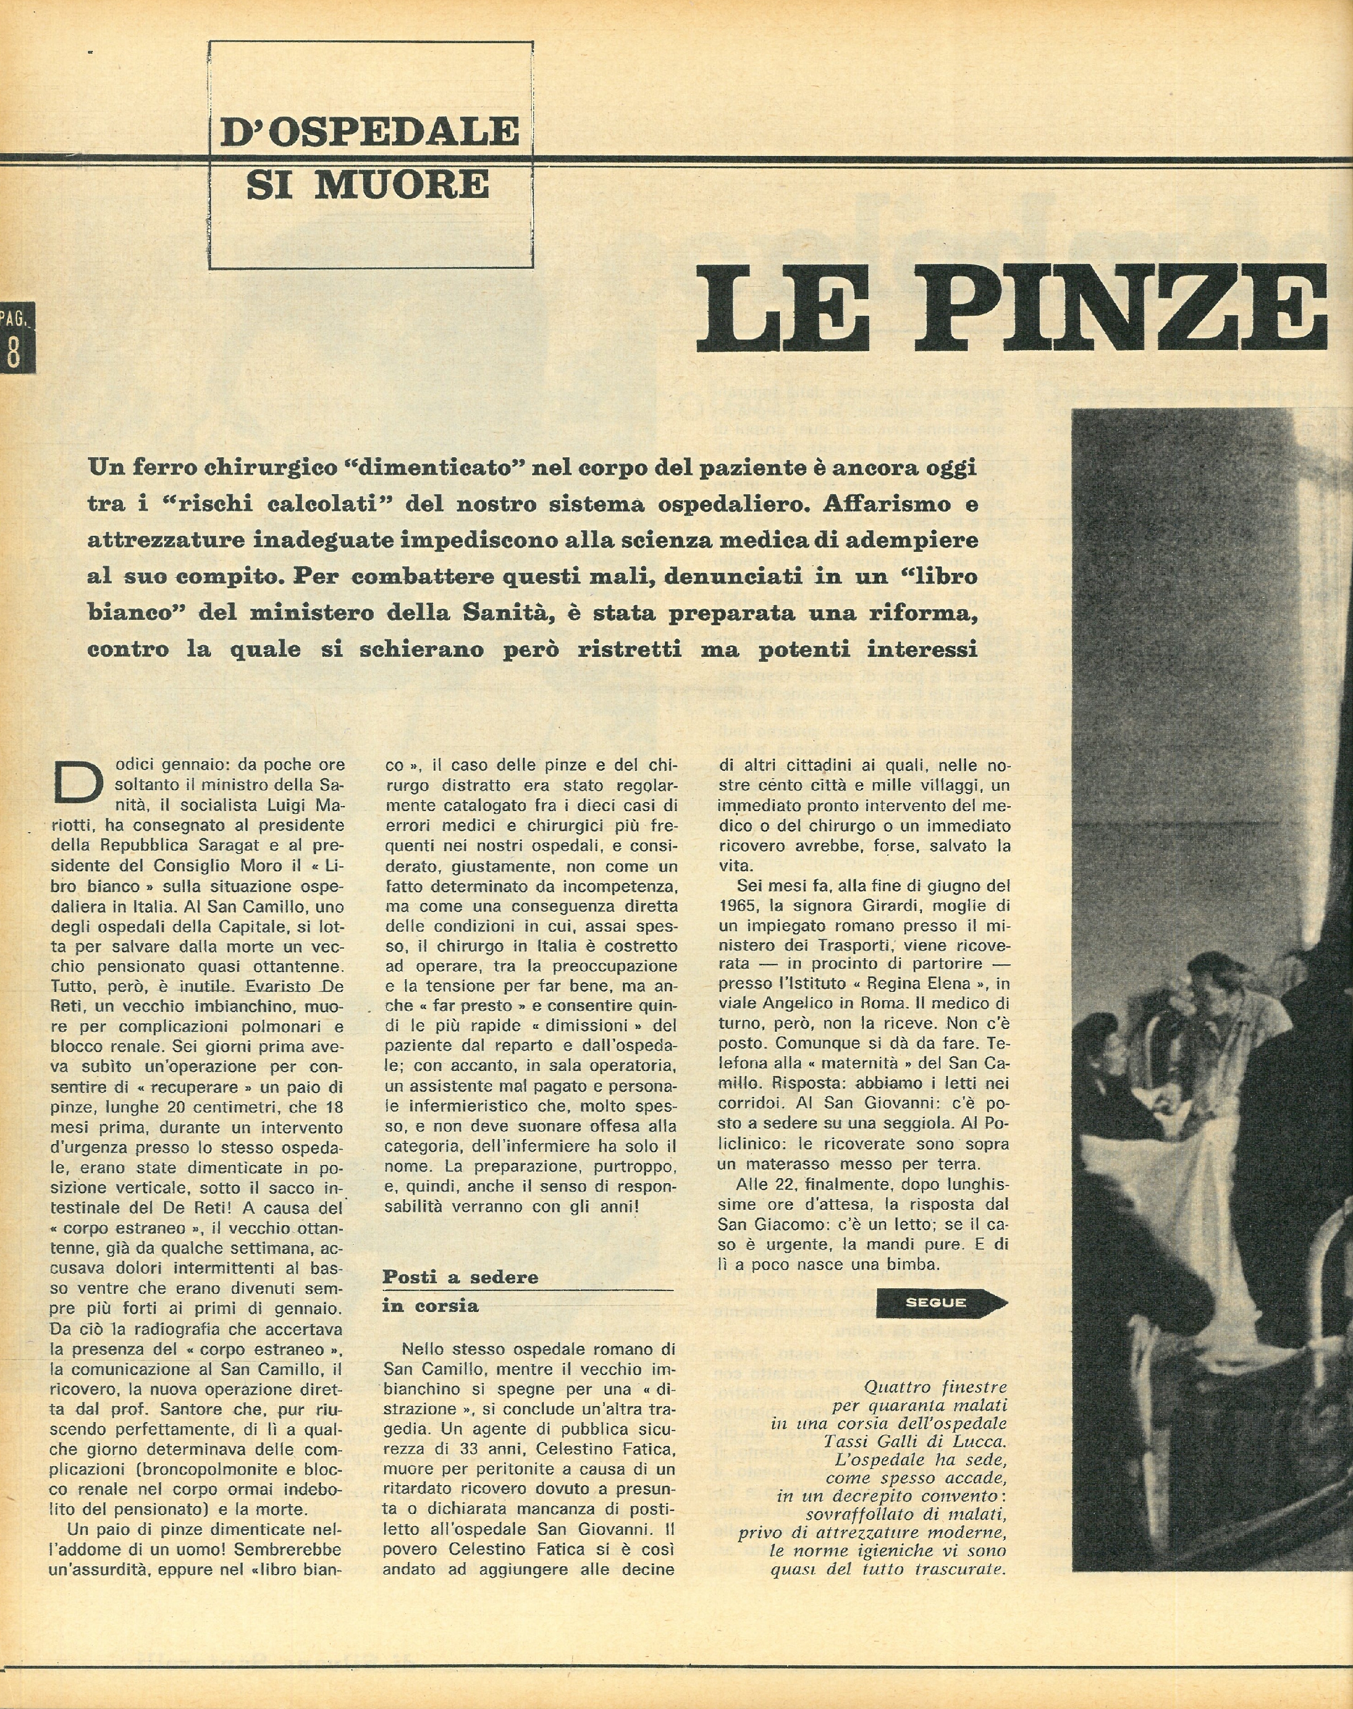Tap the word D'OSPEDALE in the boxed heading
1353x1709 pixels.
(370, 132)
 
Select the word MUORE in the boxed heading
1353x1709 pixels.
(402, 185)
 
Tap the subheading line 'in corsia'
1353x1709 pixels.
(430, 1306)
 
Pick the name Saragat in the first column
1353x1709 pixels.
(225, 845)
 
